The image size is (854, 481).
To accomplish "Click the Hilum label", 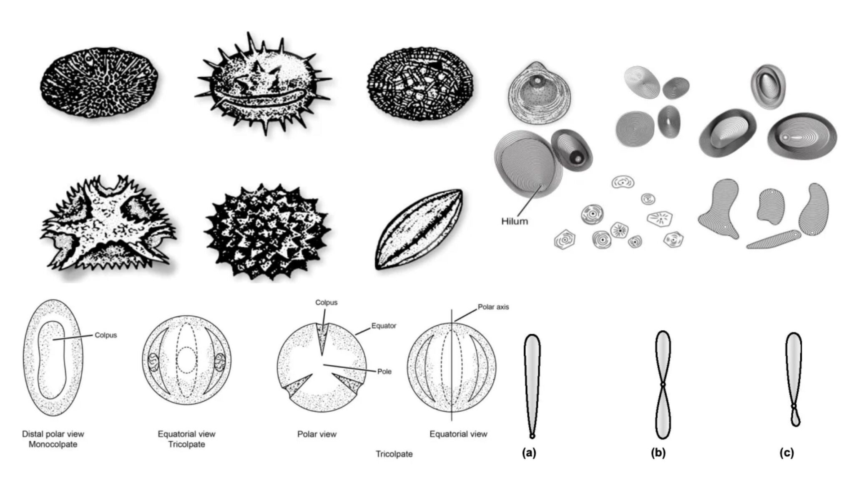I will (x=514, y=221).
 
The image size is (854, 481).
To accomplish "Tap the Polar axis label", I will (x=493, y=307).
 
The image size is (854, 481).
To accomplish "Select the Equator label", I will (x=384, y=326).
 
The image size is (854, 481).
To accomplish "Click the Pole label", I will (x=384, y=371).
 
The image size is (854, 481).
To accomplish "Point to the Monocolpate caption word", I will (x=53, y=444).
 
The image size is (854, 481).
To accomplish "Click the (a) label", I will (x=529, y=453).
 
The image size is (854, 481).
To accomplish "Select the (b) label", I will (x=658, y=453).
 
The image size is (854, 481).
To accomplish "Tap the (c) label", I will (x=787, y=453).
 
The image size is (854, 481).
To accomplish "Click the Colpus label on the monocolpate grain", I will (x=105, y=335).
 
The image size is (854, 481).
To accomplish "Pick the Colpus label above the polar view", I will (x=326, y=302).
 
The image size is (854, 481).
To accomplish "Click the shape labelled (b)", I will (x=663, y=384).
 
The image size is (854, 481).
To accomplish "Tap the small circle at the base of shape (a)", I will (x=532, y=436).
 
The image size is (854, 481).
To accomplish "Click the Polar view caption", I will (x=316, y=434).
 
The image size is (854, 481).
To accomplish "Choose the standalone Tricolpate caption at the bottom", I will (x=394, y=454).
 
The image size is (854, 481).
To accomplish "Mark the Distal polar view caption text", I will (x=53, y=434).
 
